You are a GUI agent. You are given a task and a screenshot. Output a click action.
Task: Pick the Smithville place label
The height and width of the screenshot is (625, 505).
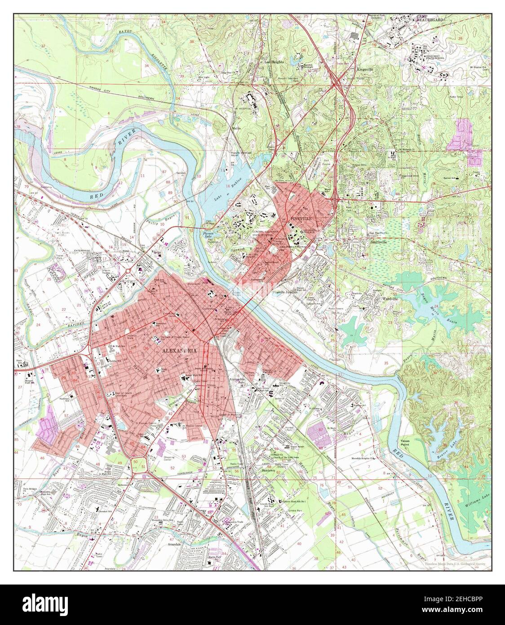pos(379,241)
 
